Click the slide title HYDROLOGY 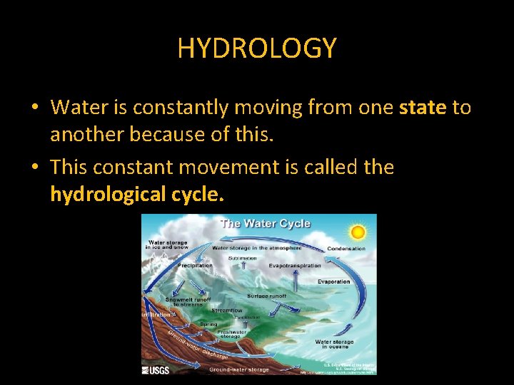[x=257, y=48]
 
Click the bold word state [x=423, y=108]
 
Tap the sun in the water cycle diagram [x=358, y=232]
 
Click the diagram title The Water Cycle [x=266, y=223]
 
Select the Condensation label [x=346, y=249]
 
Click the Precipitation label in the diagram [x=195, y=265]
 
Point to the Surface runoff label [x=267, y=296]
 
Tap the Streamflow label [x=227, y=311]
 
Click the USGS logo [x=156, y=369]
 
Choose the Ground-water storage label [x=239, y=369]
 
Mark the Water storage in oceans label [x=334, y=344]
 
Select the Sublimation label [x=243, y=257]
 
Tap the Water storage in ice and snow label [x=168, y=245]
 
